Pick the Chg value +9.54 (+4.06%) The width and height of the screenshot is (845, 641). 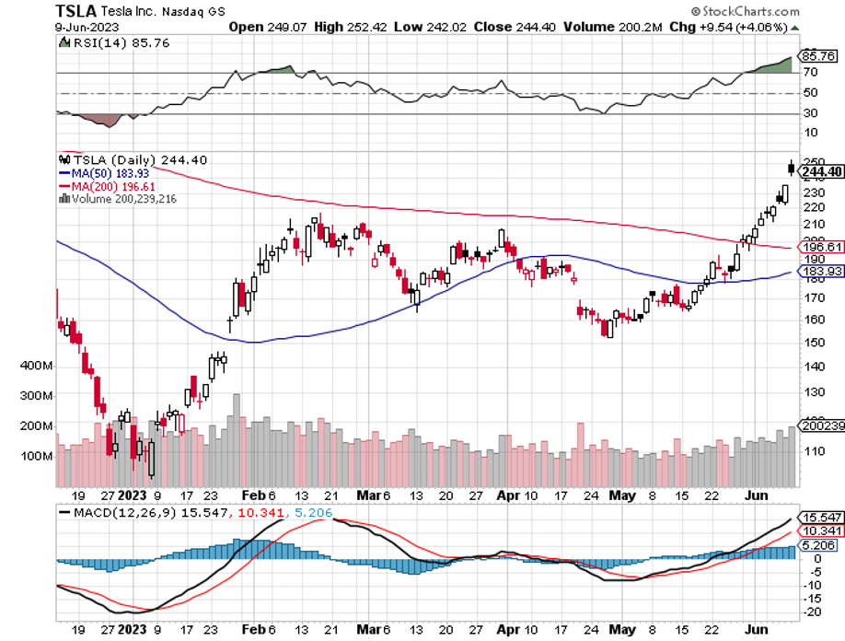(x=743, y=27)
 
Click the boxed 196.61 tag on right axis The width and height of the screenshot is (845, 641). (x=822, y=248)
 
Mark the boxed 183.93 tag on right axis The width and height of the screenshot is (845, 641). (x=822, y=272)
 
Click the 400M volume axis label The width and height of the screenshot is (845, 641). (x=37, y=366)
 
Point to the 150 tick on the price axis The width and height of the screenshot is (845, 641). (x=814, y=341)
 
